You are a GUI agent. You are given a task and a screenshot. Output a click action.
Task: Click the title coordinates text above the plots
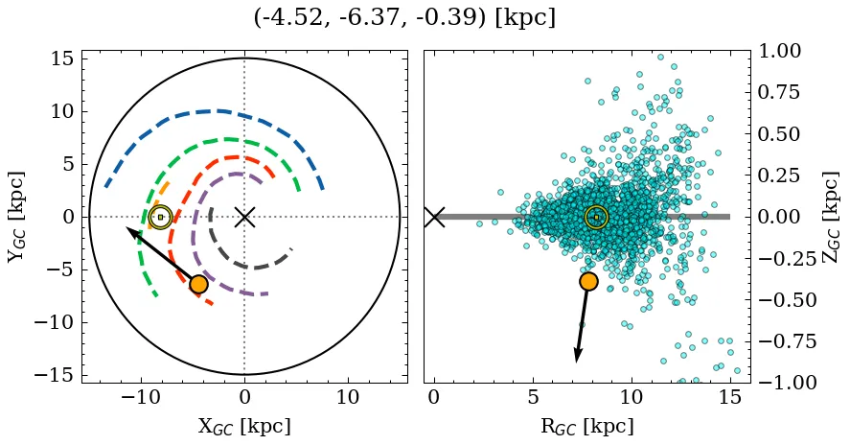[404, 18]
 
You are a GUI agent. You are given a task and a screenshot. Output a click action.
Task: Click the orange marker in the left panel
[198, 284]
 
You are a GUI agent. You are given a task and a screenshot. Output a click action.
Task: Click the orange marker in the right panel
[588, 281]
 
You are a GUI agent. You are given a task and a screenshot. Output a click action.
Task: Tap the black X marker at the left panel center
[244, 217]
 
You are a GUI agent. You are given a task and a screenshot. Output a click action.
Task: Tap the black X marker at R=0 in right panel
[434, 217]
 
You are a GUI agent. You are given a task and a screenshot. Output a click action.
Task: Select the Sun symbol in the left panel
[160, 217]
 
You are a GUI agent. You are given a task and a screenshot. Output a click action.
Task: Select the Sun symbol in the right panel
[596, 217]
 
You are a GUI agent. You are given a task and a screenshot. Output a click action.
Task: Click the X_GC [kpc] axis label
[244, 427]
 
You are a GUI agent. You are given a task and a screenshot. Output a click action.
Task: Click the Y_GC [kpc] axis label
[16, 217]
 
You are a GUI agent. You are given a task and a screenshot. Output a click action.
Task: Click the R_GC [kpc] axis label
[586, 427]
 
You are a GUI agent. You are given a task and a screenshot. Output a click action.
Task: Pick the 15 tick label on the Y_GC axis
[61, 59]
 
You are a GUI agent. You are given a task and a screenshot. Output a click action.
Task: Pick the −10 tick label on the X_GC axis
[142, 398]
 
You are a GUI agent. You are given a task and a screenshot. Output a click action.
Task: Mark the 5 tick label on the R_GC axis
[533, 398]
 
